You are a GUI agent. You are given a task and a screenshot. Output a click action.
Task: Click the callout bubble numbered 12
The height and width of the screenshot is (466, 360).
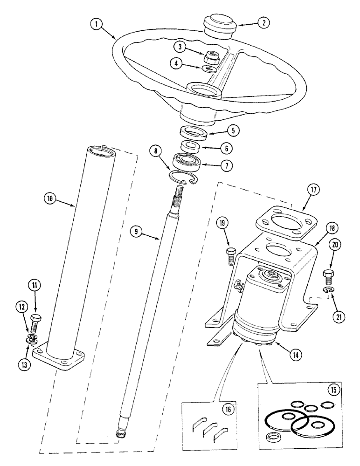coord(21,306)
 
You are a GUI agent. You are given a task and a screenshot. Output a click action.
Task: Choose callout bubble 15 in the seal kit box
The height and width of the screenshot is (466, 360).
coord(334,389)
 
